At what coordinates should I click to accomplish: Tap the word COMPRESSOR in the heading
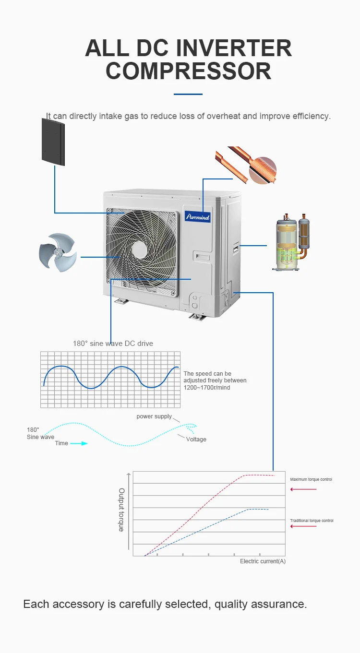coord(189,71)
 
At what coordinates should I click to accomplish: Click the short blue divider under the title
coord(188,94)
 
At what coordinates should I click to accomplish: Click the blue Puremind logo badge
coord(197,216)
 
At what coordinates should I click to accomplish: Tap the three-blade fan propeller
coord(58,252)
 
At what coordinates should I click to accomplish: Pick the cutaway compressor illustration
coord(291,242)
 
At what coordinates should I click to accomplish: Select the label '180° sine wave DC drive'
coord(113,344)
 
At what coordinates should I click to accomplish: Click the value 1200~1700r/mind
coord(207,387)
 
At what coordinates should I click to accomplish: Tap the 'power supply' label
coord(154,416)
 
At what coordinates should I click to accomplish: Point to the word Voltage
coord(196,439)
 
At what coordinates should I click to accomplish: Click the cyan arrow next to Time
coord(79,443)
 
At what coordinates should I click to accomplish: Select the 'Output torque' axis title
coord(121,510)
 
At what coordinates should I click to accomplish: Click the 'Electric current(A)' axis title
coord(263,561)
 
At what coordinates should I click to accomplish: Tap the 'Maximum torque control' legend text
coord(311,479)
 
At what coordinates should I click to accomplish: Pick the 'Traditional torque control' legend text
coord(312,521)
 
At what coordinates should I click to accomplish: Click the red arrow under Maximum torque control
coord(303,489)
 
